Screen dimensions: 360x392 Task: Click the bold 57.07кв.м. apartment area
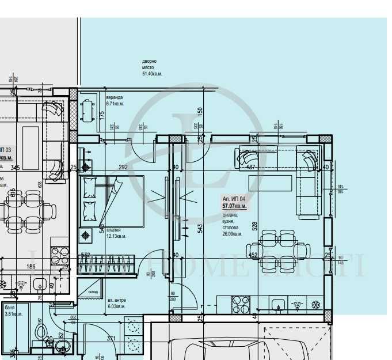pos(234,205)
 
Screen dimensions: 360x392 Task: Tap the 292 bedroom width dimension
pos(123,168)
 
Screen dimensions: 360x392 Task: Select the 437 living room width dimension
pos(250,168)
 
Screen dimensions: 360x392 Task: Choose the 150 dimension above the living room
pos(200,111)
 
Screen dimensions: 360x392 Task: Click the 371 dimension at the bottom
pos(112,339)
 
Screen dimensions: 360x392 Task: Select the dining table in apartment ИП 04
pos(282,245)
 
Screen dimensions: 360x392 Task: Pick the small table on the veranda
pos(87,110)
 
